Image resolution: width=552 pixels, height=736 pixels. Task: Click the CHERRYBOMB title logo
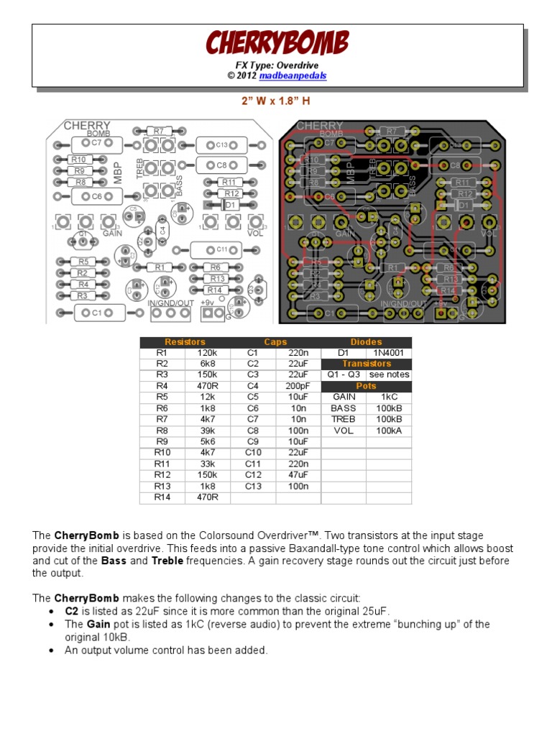[x=277, y=42]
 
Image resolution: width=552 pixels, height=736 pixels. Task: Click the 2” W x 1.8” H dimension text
[x=277, y=101]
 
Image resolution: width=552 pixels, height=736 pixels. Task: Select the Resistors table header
[x=185, y=342]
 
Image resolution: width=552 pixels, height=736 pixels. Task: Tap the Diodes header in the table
[x=367, y=342]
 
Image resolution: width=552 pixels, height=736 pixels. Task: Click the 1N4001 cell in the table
[x=389, y=353]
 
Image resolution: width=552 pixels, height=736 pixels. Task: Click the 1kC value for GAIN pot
[x=389, y=397]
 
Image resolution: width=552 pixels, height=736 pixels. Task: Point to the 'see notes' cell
[x=389, y=374]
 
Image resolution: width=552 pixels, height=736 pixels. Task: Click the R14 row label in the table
[x=162, y=497]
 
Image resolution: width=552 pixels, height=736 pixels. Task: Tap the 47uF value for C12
[x=298, y=474]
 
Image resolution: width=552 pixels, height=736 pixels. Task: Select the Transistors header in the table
[x=367, y=364]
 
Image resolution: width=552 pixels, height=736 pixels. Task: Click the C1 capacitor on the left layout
[x=93, y=313]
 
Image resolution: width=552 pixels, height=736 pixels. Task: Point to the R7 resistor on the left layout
[x=159, y=131]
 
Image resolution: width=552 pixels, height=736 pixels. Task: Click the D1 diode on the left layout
[x=230, y=205]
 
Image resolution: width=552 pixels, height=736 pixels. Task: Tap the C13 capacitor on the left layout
[x=221, y=144]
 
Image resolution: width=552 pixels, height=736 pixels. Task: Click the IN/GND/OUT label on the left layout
[x=171, y=303]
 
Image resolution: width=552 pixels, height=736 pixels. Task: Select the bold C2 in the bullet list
[x=72, y=611]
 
